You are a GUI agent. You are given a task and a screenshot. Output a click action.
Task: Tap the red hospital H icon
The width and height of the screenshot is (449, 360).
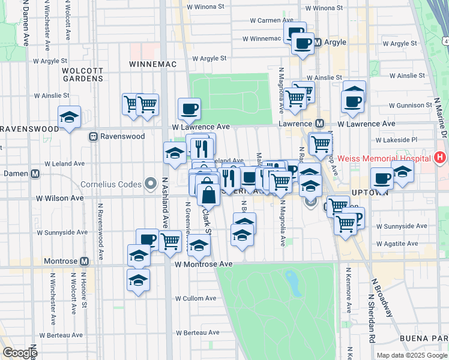pos(440,158)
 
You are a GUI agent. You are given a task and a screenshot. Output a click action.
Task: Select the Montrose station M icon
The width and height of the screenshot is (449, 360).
pos(84,261)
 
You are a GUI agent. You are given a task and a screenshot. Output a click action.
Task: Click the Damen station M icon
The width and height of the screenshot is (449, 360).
pos(35,174)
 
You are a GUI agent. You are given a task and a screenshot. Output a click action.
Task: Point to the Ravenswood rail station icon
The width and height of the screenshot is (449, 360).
pos(94,136)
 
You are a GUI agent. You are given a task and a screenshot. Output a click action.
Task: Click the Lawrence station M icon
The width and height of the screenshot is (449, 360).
pos(320,123)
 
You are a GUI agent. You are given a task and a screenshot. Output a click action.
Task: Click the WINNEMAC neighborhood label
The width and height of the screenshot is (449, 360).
pos(149,63)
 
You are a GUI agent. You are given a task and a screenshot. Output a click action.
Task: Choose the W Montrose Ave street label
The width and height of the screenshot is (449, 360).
pos(203,264)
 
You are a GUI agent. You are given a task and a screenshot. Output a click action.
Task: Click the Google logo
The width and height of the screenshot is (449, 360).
pos(20,353)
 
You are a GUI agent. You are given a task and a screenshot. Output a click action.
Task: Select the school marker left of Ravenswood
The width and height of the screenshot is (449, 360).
pos(70,117)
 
